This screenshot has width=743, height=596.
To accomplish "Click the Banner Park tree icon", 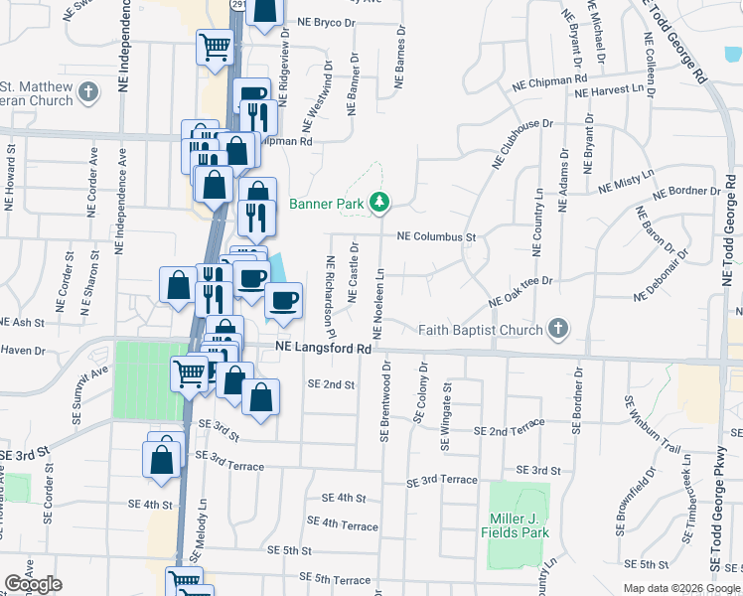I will tap(378, 203).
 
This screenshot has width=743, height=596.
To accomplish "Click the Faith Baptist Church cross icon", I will tap(559, 329).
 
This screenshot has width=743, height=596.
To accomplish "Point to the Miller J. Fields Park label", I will tap(520, 525).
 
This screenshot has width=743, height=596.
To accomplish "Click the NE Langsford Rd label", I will tap(323, 348).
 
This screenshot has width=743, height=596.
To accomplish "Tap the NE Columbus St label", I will tap(437, 237).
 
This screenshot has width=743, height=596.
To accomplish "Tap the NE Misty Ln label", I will tap(626, 180).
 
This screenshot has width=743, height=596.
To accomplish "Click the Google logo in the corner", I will tap(33, 584).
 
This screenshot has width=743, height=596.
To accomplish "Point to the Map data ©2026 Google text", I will tap(681, 588).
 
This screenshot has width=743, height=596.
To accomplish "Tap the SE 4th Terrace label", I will tap(343, 523).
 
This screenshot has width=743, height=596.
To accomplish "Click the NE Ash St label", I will tap(22, 323).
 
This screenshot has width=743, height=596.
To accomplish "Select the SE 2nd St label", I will tap(331, 383).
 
